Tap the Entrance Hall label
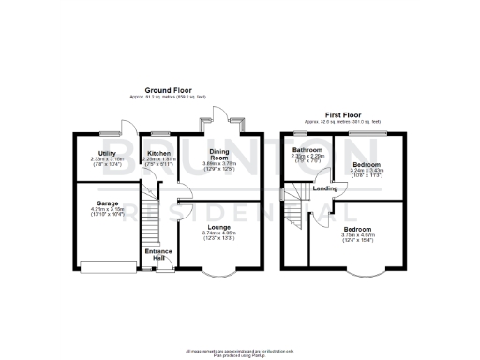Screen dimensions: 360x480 point(158,254)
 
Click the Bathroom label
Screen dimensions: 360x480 point(307,150)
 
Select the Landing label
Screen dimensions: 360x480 point(325,188)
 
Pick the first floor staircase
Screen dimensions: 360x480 point(297,208)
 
